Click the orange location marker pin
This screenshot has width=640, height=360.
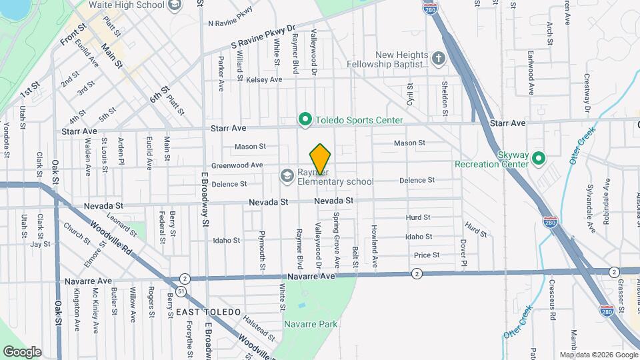[320, 159]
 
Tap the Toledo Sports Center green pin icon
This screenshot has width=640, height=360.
[305, 120]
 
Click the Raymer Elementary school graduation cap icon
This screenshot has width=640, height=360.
[287, 175]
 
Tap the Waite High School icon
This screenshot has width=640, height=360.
[175, 5]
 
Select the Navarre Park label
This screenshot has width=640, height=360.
[311, 324]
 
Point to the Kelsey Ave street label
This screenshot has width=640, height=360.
[264, 79]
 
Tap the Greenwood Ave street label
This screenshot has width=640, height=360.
[237, 165]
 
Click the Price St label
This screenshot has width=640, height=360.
[427, 255]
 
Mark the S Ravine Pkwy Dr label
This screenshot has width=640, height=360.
[263, 37]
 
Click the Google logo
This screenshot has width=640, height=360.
[22, 351]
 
